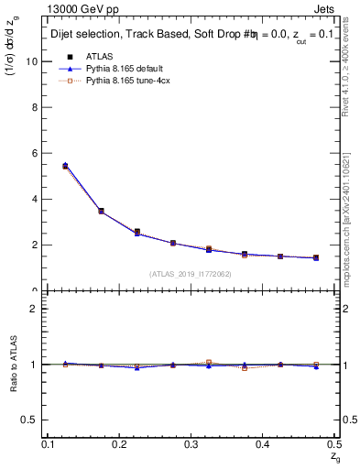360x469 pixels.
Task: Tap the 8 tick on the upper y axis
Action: click(x=37, y=107)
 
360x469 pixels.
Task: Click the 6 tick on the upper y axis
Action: click(x=37, y=153)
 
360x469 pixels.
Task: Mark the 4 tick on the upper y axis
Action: click(x=37, y=199)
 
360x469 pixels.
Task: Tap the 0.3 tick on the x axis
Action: click(x=191, y=444)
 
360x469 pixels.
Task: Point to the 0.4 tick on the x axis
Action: click(x=262, y=444)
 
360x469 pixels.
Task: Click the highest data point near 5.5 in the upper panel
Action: click(x=64, y=166)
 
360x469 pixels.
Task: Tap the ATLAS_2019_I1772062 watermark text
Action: click(x=191, y=273)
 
